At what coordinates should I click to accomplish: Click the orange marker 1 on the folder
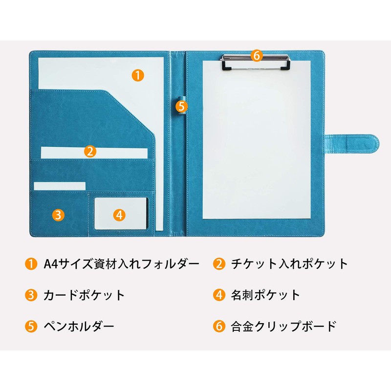(138, 75)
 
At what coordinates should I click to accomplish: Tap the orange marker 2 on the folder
(89, 151)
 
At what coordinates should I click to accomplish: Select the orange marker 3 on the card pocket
(58, 214)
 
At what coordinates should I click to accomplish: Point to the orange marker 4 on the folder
(120, 214)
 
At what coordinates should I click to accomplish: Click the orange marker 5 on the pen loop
(181, 105)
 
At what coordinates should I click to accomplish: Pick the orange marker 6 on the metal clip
(257, 55)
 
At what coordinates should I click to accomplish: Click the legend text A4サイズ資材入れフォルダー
(122, 264)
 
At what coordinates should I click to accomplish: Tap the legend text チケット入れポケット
(289, 264)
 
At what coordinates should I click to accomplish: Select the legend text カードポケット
(84, 295)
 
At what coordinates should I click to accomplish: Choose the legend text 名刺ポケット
(265, 295)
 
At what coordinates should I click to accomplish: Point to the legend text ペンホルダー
(79, 326)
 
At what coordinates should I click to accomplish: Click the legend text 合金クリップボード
(283, 326)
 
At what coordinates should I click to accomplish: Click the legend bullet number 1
(30, 264)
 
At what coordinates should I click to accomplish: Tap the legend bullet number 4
(218, 295)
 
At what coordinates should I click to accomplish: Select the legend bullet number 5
(30, 326)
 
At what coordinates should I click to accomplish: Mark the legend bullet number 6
(218, 326)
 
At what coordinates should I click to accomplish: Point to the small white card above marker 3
(60, 186)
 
